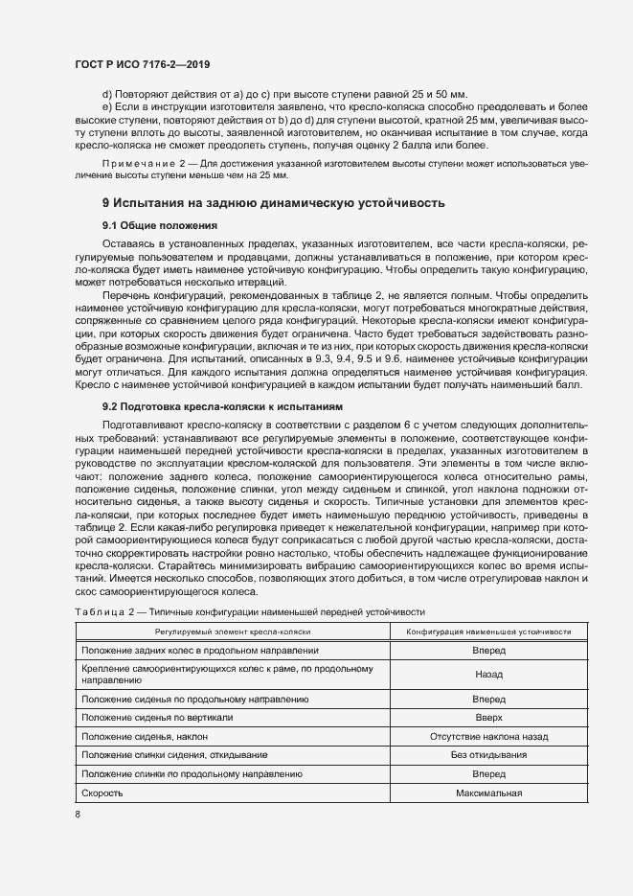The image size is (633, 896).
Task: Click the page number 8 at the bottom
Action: pyautogui.click(x=79, y=815)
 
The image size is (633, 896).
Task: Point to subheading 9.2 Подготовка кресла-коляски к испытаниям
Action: pyautogui.click(x=215, y=406)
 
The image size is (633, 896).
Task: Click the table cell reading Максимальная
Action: pyautogui.click(x=488, y=793)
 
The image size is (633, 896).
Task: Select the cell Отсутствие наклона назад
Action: pyautogui.click(x=488, y=736)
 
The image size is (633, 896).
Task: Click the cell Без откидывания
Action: pyautogui.click(x=488, y=755)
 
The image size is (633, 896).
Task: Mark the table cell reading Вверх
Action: pyautogui.click(x=488, y=718)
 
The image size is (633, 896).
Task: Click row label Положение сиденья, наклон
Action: pyautogui.click(x=145, y=736)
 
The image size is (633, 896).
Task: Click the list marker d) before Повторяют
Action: pyautogui.click(x=106, y=93)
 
